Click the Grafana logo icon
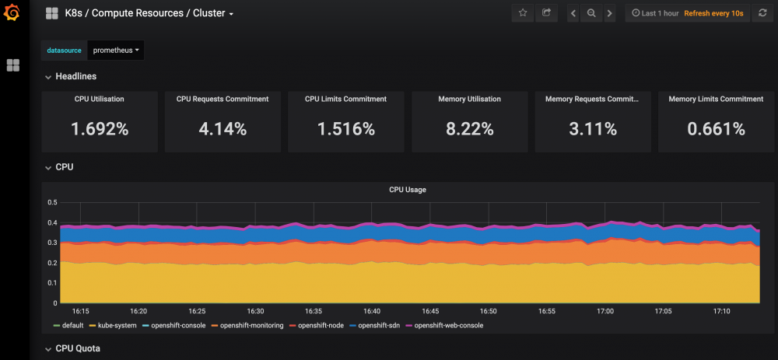[x=13, y=13]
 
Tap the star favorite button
[x=523, y=13]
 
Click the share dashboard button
[x=547, y=13]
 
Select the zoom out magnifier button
[x=591, y=13]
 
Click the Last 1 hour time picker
[x=654, y=13]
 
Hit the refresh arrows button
[x=762, y=13]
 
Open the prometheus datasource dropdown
[x=116, y=51]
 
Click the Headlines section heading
[x=76, y=76]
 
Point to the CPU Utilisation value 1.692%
[x=100, y=129]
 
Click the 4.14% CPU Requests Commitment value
[x=223, y=129]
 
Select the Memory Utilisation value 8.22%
[x=469, y=129]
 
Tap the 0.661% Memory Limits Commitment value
[x=716, y=129]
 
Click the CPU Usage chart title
[x=407, y=190]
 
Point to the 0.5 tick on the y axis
[x=52, y=202]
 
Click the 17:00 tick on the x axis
[x=605, y=311]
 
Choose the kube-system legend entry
[x=117, y=325]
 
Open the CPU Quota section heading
[x=78, y=348]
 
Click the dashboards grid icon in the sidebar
[x=13, y=65]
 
